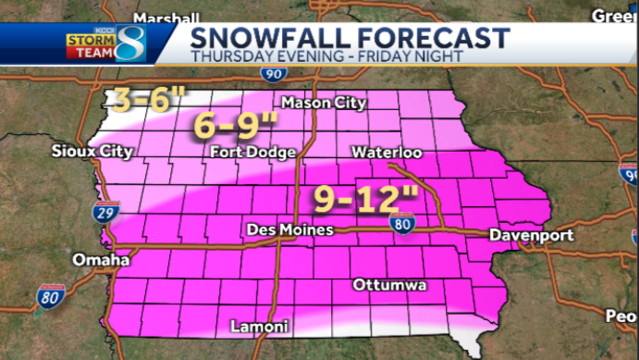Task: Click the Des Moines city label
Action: [x=290, y=229]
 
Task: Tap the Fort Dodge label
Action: [x=252, y=151]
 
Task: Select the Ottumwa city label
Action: [x=389, y=285]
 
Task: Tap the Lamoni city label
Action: [x=260, y=327]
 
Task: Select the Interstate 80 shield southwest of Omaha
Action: [x=51, y=297]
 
